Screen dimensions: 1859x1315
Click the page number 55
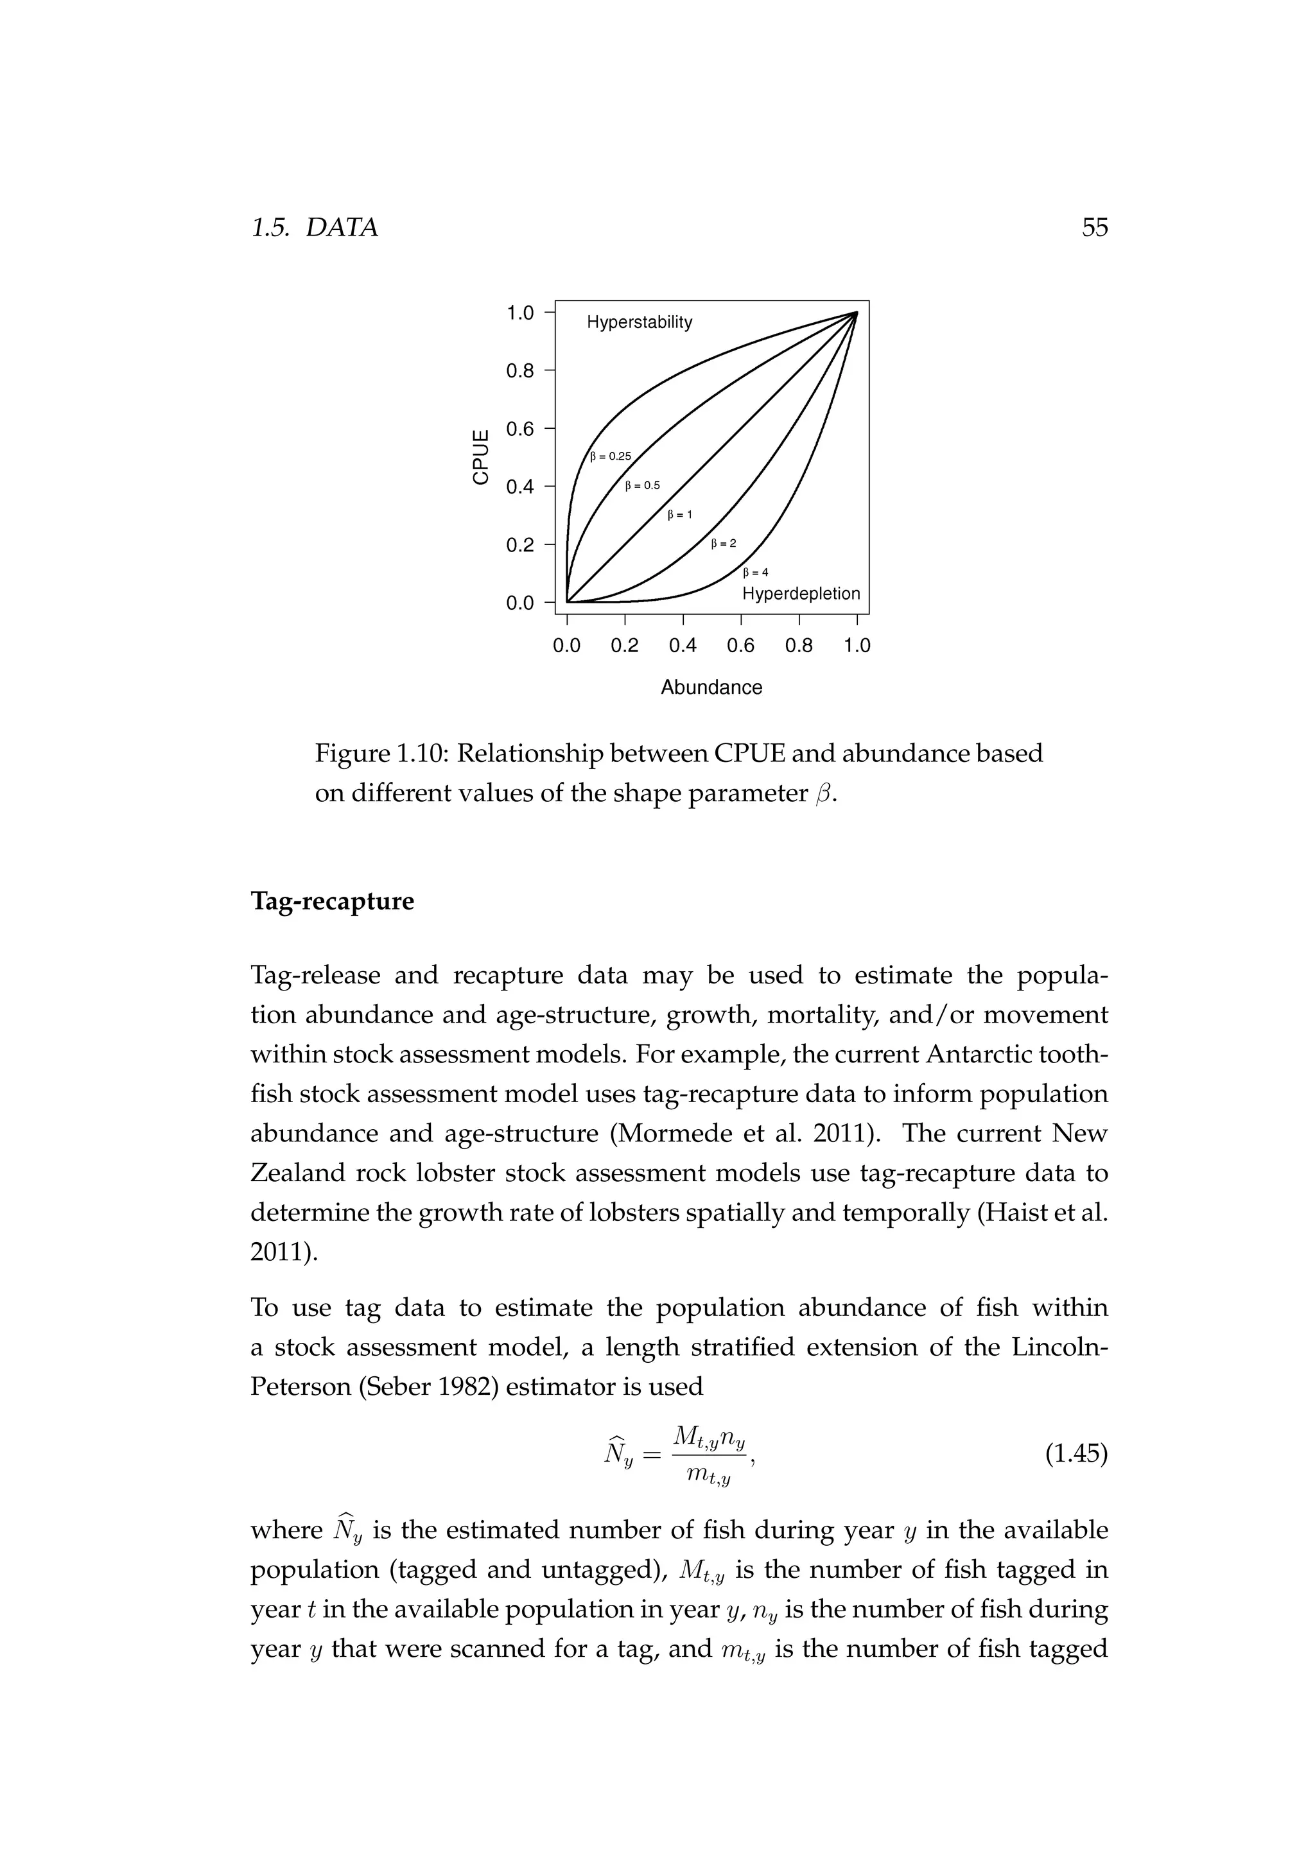(x=1094, y=227)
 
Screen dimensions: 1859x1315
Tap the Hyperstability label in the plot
(x=639, y=322)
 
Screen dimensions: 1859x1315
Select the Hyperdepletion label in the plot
(x=800, y=594)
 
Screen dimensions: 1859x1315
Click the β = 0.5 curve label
(x=643, y=486)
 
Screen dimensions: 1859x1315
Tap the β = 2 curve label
(x=723, y=543)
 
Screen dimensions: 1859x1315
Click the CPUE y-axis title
(x=481, y=458)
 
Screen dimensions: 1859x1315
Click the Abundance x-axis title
(x=711, y=687)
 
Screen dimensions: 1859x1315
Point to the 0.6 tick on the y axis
(x=520, y=428)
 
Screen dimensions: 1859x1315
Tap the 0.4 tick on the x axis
(x=683, y=645)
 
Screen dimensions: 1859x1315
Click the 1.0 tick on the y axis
(x=520, y=313)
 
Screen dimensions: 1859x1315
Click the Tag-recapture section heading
(x=332, y=901)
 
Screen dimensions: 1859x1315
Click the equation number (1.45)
(x=1076, y=1454)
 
